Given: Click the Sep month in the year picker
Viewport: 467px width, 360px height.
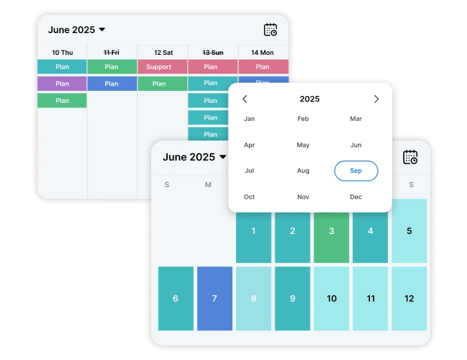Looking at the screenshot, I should click(x=356, y=171).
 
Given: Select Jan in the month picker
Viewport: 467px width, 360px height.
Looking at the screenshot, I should click(x=250, y=119).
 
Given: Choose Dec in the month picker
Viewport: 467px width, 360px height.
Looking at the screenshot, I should click(x=356, y=197).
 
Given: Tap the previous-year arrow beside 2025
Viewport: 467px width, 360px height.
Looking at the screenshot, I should click(x=244, y=99).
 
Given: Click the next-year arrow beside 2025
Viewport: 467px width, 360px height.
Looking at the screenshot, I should click(x=377, y=99).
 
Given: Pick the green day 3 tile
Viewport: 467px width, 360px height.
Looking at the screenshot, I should click(x=332, y=231).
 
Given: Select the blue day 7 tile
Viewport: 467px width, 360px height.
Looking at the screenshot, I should click(x=214, y=298).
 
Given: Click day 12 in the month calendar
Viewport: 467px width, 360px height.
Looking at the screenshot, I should click(x=409, y=298).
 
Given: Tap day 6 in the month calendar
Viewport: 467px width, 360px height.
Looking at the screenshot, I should click(x=175, y=298).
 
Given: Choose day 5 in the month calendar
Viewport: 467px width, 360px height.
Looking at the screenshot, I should click(x=409, y=231).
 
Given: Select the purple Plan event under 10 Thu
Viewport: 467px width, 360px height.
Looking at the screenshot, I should click(x=62, y=83).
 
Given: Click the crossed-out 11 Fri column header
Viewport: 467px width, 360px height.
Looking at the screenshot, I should click(x=111, y=52).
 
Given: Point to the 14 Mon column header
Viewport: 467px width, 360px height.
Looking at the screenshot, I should click(x=262, y=52).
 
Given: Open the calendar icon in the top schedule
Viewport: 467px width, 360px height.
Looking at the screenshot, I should click(x=271, y=30).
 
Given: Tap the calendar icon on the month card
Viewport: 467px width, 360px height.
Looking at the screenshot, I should click(x=410, y=157).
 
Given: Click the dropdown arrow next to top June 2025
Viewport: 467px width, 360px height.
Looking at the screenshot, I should click(x=102, y=30).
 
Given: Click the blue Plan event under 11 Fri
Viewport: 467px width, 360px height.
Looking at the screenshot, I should click(x=111, y=83).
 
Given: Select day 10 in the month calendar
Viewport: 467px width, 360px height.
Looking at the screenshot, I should click(x=332, y=298).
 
